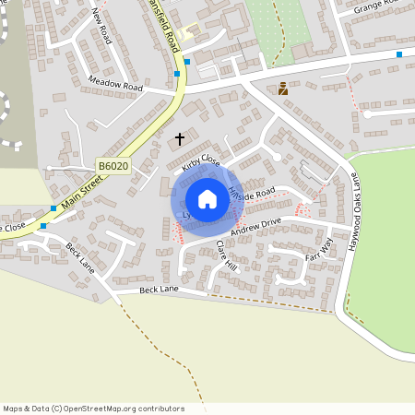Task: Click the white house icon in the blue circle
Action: click(x=207, y=199)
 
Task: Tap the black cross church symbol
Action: click(x=180, y=138)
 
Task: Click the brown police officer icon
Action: click(x=283, y=89)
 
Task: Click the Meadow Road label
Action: click(x=116, y=86)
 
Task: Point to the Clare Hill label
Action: click(x=225, y=254)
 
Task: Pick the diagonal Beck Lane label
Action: click(x=80, y=257)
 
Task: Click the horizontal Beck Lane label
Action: click(x=158, y=290)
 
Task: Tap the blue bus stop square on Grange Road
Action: click(x=399, y=54)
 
